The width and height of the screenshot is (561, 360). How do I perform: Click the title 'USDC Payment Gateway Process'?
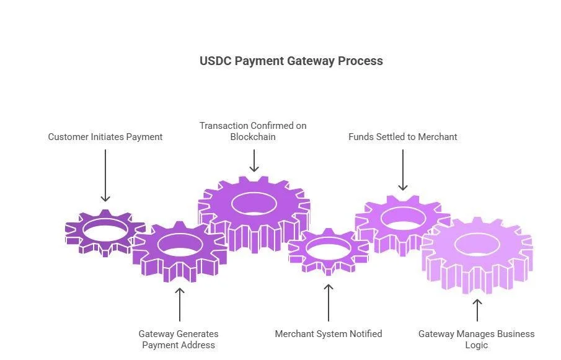click(x=291, y=61)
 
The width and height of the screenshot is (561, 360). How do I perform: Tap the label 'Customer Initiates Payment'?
click(x=105, y=137)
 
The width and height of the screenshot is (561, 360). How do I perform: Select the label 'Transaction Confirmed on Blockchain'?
click(x=253, y=131)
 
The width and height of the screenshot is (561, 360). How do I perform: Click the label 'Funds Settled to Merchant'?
click(x=403, y=137)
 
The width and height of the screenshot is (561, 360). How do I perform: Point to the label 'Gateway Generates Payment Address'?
click(x=179, y=340)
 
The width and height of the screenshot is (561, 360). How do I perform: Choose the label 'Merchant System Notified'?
click(x=329, y=334)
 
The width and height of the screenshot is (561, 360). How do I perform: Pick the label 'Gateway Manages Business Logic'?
click(x=477, y=340)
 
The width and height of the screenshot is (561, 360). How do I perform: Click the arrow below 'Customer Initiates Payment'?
click(x=105, y=175)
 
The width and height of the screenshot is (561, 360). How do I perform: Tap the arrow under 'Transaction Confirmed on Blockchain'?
click(x=254, y=161)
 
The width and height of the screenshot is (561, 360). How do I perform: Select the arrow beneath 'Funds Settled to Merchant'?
click(x=403, y=170)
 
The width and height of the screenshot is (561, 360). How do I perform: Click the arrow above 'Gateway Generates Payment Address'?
click(x=180, y=305)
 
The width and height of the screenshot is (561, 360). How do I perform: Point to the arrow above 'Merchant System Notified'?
click(x=329, y=303)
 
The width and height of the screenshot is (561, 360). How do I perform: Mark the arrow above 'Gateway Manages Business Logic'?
click(x=477, y=310)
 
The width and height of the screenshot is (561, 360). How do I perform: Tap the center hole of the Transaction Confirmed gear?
click(x=254, y=204)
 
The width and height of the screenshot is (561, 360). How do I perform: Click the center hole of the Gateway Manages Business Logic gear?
click(x=477, y=245)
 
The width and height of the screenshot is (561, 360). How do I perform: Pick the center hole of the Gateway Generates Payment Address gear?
click(x=180, y=245)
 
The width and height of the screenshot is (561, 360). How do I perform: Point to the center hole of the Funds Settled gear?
click(x=403, y=218)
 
